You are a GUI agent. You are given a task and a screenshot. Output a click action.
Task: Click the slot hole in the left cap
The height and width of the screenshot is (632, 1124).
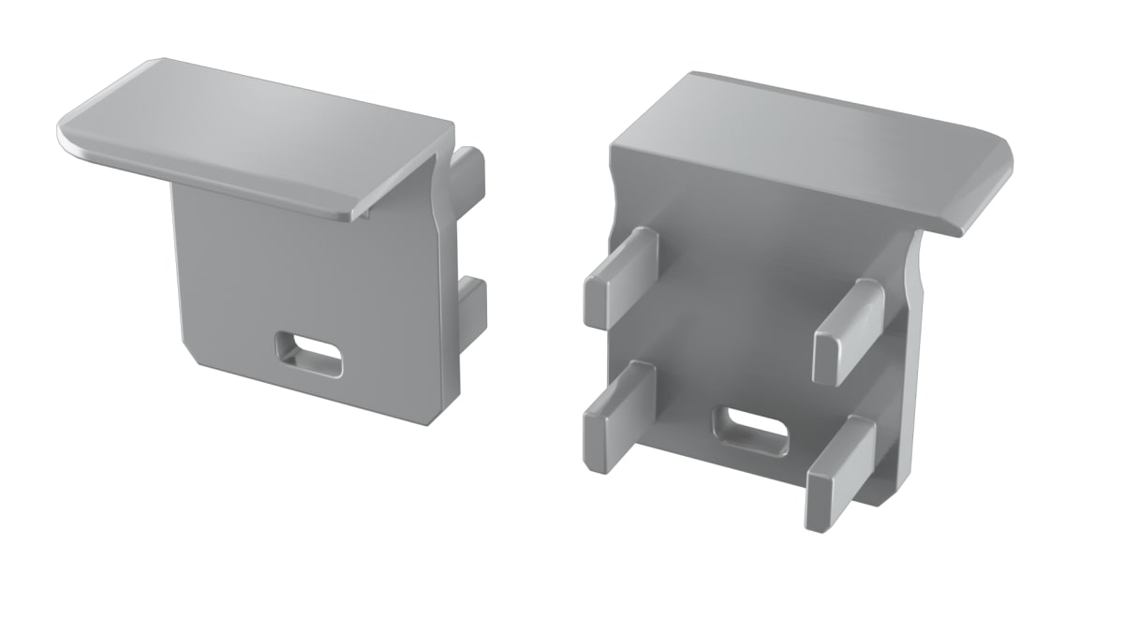(308, 355)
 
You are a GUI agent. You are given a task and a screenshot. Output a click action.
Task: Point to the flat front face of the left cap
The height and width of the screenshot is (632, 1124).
(300, 281)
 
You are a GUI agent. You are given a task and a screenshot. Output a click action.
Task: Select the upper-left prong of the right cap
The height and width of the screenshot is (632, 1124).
(619, 276)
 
